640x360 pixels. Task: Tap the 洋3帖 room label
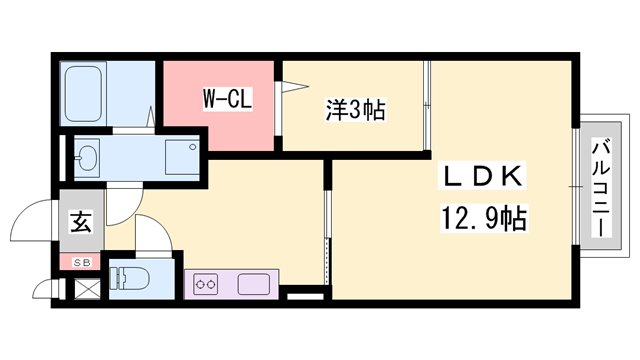click(x=354, y=108)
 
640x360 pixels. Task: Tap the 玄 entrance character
click(x=80, y=222)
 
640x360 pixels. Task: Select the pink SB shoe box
click(x=79, y=263)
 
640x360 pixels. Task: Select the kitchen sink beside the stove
click(x=254, y=284)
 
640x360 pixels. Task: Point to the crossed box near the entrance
click(x=86, y=291)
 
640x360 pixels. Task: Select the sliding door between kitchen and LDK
click(x=326, y=230)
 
